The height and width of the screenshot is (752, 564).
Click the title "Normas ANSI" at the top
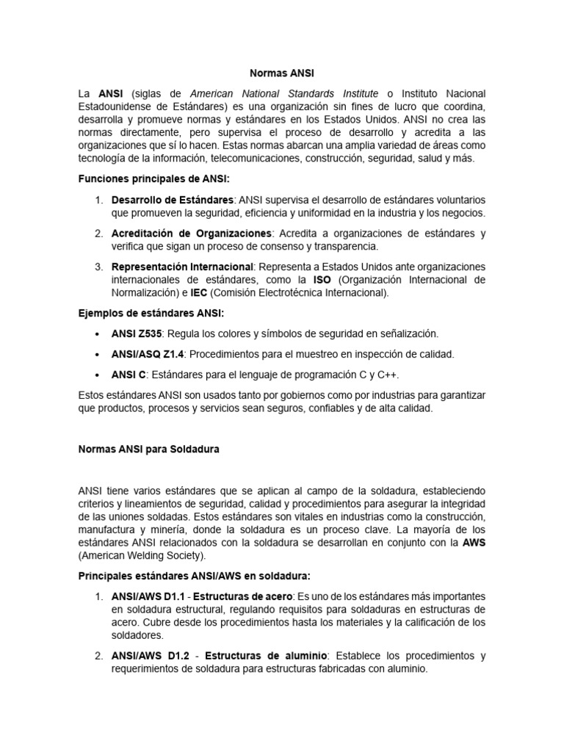282,73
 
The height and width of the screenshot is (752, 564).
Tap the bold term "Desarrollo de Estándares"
173,200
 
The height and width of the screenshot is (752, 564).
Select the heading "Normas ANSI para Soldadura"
148,448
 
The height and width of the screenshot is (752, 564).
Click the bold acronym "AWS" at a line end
474,542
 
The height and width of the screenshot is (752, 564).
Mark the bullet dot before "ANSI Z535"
98,334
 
